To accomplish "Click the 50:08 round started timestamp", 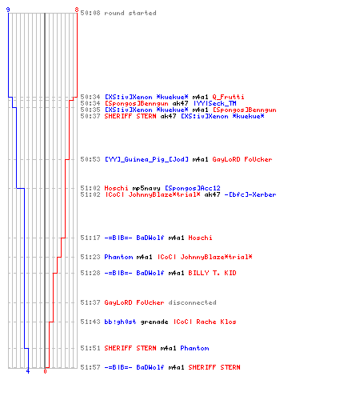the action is point(90,13).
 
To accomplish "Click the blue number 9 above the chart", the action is point(8,10).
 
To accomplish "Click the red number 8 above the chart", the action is point(77,10).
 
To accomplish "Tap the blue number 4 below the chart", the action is point(28,371).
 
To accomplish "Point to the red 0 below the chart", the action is point(45,371).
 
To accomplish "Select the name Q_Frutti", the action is point(228,97).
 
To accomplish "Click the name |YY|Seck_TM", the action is point(215,103).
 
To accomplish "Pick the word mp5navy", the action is point(146,188).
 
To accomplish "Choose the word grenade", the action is point(154,322).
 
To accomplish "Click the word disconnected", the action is point(192,302).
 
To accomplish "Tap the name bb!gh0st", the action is point(120,322).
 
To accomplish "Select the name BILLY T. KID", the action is point(212,273).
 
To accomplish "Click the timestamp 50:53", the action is point(90,159).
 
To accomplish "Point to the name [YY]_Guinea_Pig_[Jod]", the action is point(146,159).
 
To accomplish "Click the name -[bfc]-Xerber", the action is point(250,194).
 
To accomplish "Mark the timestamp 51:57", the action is point(90,367).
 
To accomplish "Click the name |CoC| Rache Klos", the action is point(205,322).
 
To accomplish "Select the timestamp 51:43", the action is point(90,322).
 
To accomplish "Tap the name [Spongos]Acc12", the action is point(193,188).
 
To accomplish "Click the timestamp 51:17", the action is point(90,238).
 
